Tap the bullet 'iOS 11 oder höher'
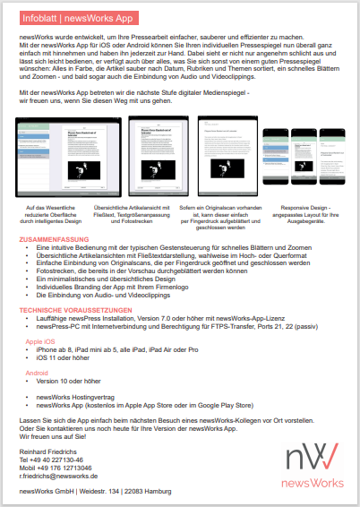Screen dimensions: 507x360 coord(67,357)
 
